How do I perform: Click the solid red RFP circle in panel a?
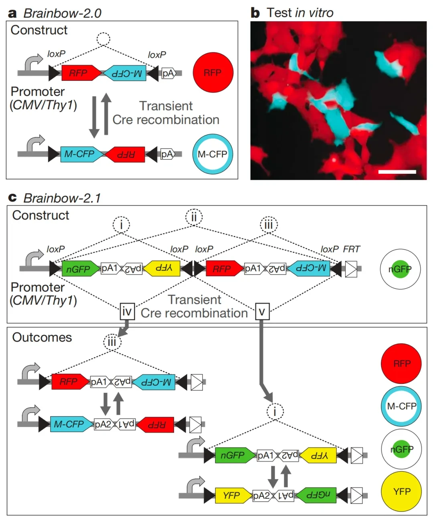212,72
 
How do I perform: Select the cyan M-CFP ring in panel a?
212,154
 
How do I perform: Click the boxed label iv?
127,311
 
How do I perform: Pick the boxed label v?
262,311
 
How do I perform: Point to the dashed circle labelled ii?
194,217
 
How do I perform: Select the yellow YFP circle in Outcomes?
402,492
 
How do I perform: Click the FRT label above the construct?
352,249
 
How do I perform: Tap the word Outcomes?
42,337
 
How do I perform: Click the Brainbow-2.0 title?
62,13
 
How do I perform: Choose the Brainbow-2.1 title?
62,198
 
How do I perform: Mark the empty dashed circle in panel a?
103,39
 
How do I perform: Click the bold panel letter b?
255,13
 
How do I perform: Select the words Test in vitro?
300,13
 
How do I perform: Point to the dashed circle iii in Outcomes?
112,342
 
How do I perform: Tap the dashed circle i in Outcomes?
275,412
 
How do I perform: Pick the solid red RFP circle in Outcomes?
402,363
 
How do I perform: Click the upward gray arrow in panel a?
106,114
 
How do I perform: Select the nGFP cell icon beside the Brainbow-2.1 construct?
400,269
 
